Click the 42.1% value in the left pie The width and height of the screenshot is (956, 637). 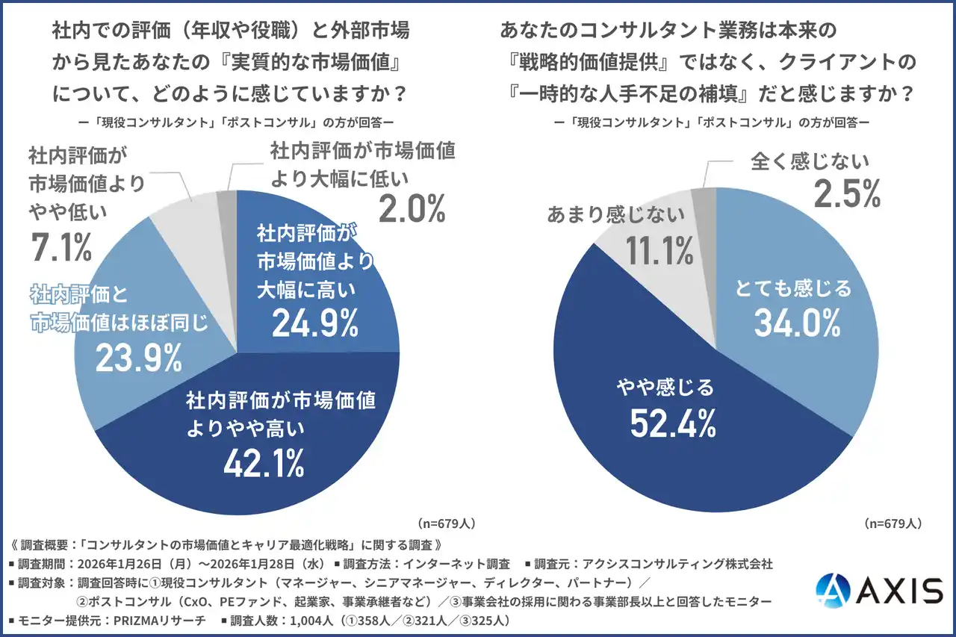(264, 463)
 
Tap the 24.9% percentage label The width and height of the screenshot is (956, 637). (315, 323)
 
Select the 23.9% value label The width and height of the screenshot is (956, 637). (139, 358)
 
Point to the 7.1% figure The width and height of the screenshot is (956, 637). (61, 246)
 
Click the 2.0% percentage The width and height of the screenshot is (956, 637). (412, 208)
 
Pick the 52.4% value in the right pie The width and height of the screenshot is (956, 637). (673, 423)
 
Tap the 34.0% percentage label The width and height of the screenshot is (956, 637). (797, 323)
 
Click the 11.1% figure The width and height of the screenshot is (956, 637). (659, 250)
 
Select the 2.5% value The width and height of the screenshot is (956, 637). (847, 193)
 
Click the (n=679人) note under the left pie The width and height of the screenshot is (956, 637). (447, 523)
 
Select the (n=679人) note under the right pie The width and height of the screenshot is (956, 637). (893, 523)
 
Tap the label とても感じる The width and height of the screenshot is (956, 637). (793, 288)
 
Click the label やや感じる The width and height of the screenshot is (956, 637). (665, 388)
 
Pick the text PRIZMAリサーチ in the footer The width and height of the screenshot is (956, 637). (160, 621)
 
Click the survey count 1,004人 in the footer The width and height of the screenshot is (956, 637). (311, 621)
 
